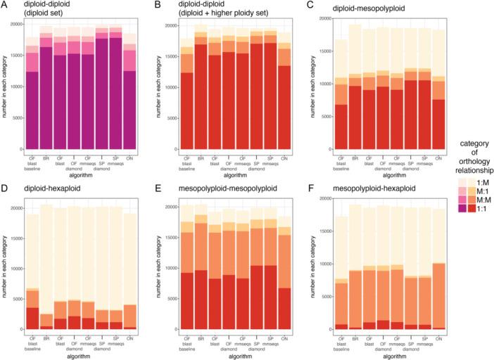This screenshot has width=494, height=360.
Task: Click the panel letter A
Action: [4, 5]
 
